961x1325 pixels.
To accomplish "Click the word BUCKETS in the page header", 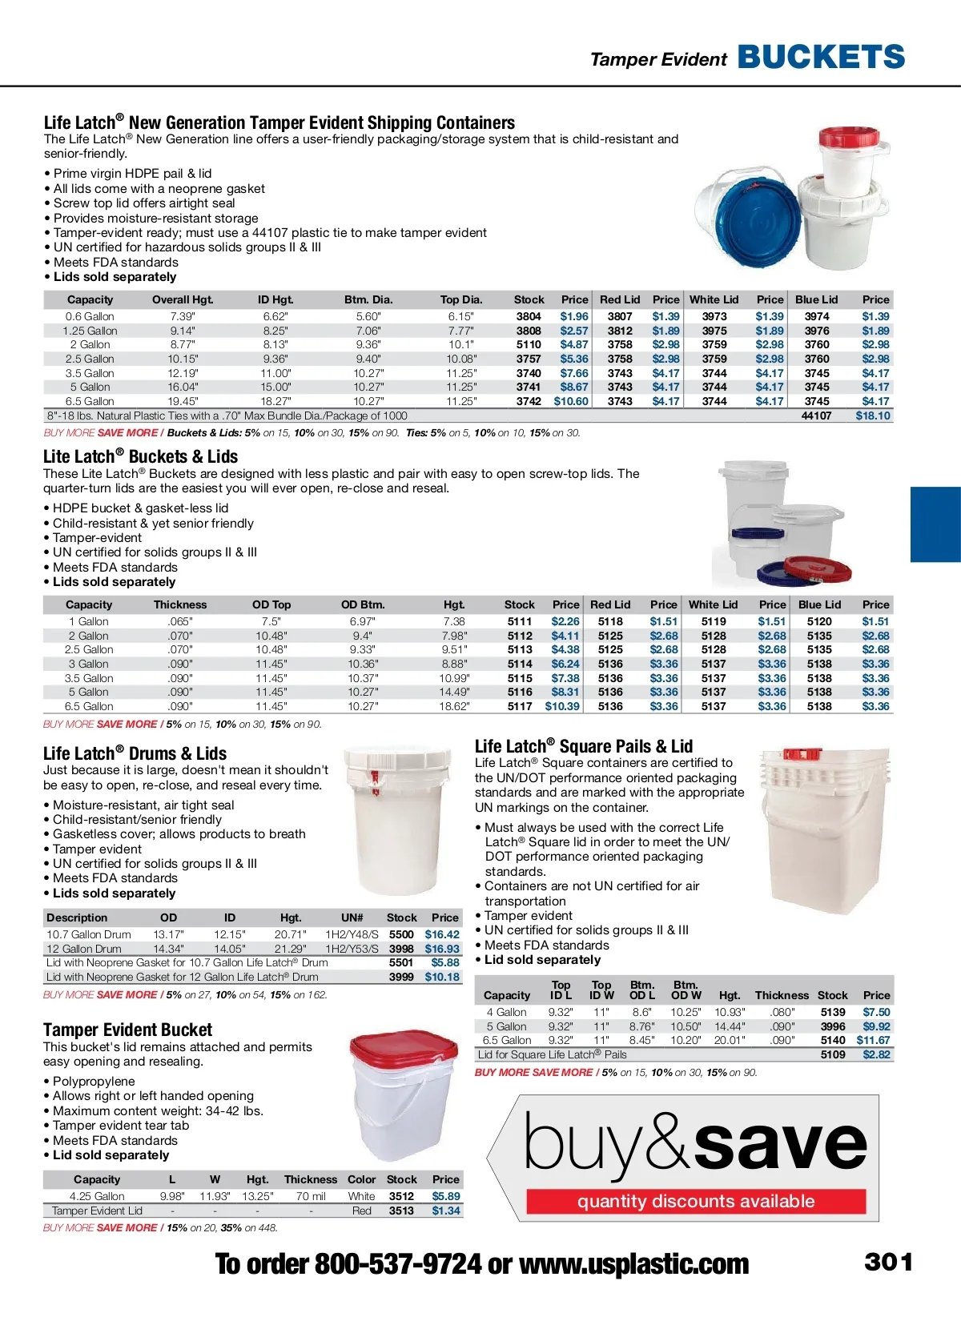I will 821,58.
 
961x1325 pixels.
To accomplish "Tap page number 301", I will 888,1263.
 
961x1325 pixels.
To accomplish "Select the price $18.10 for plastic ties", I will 872,416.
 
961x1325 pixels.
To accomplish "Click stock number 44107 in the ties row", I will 816,416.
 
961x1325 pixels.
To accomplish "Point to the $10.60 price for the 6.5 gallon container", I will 571,401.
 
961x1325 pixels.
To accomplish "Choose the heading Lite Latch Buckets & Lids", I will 141,456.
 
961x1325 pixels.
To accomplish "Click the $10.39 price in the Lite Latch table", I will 562,706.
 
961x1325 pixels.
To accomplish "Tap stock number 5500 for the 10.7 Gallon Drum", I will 401,934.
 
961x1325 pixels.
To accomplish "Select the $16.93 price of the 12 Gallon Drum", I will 442,949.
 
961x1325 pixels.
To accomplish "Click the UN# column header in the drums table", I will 352,917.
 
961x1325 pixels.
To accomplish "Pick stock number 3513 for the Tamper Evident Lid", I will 401,1211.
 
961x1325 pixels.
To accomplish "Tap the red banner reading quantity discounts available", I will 696,1201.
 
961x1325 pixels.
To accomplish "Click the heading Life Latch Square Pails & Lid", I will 584,746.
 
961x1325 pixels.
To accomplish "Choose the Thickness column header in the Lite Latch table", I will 180,604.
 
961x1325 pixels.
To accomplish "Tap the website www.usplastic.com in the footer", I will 633,1264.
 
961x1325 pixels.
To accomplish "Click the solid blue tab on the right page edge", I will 935,524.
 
